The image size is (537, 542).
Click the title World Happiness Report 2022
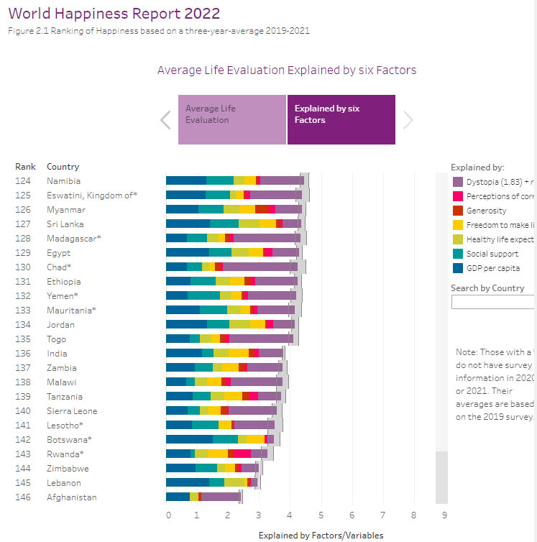[114, 14]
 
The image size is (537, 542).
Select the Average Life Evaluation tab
[232, 119]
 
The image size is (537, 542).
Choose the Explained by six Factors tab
[341, 119]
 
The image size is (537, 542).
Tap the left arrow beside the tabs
[165, 120]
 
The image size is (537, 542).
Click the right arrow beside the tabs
[408, 120]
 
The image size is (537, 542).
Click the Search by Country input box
[493, 302]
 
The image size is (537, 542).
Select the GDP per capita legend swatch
[456, 268]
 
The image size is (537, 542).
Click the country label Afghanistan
[71, 497]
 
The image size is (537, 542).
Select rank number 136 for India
[24, 353]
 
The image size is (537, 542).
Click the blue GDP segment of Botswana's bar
[189, 439]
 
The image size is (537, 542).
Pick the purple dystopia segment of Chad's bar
[260, 267]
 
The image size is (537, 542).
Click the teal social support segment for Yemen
[203, 295]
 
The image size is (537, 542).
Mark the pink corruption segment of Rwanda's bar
[242, 454]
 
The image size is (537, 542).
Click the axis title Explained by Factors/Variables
[321, 536]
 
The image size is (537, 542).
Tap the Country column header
[63, 167]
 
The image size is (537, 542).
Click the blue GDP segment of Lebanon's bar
[187, 482]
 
